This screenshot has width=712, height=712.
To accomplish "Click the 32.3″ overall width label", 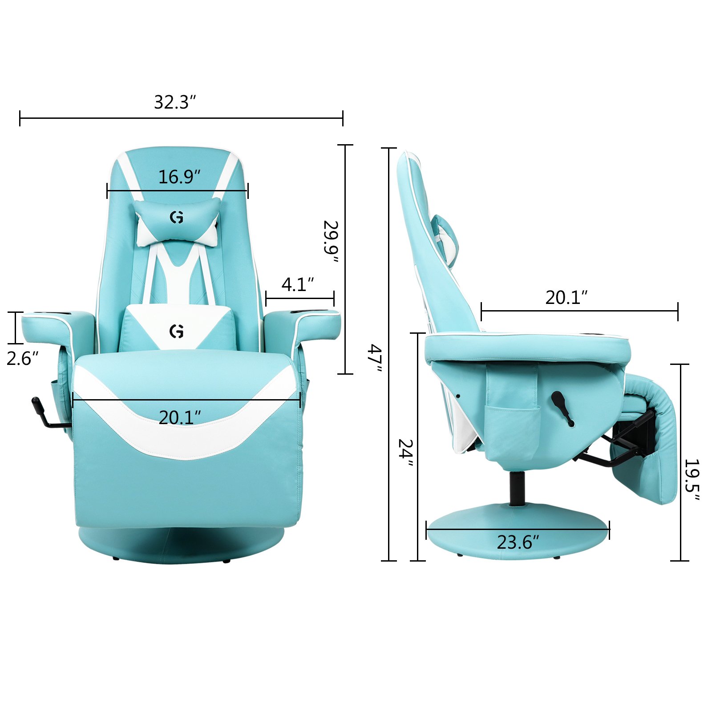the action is tap(175, 102).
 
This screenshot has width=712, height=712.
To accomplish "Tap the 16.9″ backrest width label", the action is tap(179, 177).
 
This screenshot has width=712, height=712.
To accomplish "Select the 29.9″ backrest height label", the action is tap(331, 241).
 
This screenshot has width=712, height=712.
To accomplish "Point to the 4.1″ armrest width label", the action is tap(298, 284).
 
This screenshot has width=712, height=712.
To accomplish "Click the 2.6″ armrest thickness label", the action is tap(22, 358).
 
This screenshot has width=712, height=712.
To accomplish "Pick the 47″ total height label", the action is tap(374, 358).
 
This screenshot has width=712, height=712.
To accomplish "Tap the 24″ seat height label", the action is tap(405, 453).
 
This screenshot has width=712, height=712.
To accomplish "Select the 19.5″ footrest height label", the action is tap(692, 480).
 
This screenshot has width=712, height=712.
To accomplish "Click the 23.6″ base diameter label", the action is tap(518, 542).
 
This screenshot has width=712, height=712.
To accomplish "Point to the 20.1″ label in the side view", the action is tap(566, 297).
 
